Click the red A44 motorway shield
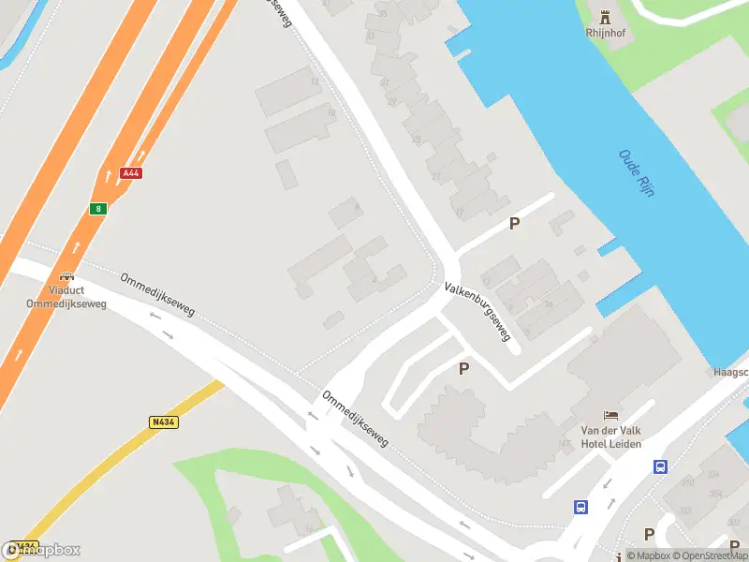[130, 173]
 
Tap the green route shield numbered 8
[98, 208]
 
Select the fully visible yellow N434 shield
[163, 422]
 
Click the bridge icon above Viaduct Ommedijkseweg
[66, 276]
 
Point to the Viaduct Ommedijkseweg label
[66, 297]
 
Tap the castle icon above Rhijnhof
[604, 16]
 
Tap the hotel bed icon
[611, 415]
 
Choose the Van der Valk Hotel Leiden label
[611, 436]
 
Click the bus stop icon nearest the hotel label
[660, 466]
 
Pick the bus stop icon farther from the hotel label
[580, 507]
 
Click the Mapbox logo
[42, 550]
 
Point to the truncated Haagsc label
[729, 371]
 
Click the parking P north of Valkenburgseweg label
[513, 224]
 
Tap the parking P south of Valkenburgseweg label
[463, 369]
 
